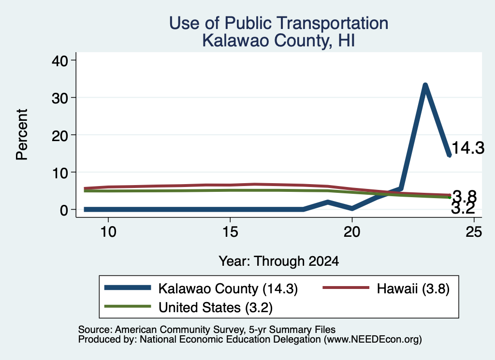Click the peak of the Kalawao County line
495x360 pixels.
(x=425, y=85)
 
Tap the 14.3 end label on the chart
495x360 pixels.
(x=468, y=148)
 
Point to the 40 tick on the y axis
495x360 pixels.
(x=60, y=60)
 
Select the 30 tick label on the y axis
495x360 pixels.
(x=60, y=98)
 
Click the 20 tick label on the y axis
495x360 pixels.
(x=60, y=135)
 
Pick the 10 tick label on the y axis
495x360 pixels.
(x=60, y=173)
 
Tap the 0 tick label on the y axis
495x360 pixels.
(x=64, y=210)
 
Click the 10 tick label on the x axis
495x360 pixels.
(x=108, y=232)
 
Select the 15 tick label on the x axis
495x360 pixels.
(x=230, y=232)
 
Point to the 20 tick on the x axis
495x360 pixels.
(x=352, y=232)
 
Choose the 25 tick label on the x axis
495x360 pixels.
(x=474, y=232)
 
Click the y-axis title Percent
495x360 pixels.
(x=22, y=135)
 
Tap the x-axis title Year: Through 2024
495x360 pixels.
(x=279, y=261)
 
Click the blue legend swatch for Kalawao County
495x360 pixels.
(x=128, y=288)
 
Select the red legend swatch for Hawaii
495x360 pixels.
(x=346, y=288)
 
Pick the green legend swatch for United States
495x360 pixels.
(x=128, y=306)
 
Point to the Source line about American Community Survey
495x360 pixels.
(x=207, y=330)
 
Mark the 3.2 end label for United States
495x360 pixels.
(x=463, y=208)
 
